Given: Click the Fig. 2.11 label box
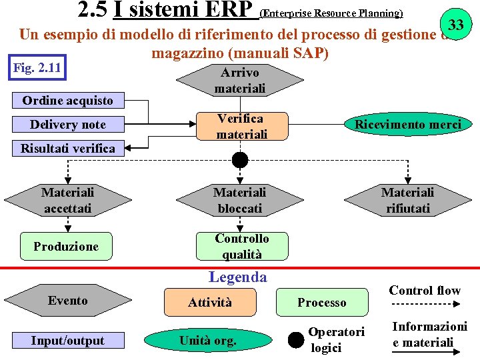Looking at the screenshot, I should [x=39, y=68].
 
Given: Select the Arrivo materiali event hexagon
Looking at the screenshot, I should [x=240, y=80].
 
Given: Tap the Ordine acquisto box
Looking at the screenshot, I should [x=67, y=101].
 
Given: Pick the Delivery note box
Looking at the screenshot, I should [x=67, y=125].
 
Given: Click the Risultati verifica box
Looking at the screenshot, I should [x=67, y=148].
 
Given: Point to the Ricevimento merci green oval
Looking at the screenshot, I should [x=407, y=125].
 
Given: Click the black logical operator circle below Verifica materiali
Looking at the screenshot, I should [x=240, y=160].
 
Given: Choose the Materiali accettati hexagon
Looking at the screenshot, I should [x=67, y=200].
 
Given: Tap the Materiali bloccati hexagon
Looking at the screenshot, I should [x=240, y=200].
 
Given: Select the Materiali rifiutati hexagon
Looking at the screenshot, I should [x=407, y=200].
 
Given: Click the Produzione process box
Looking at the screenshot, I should [x=66, y=246].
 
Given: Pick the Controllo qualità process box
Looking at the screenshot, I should [x=242, y=246].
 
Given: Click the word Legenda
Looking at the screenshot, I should [x=237, y=277].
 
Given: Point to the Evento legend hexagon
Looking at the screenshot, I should [x=67, y=301].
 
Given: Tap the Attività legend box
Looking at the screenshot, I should [x=210, y=303].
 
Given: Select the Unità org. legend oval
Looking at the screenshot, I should [x=207, y=341].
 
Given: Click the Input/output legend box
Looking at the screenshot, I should [x=67, y=341].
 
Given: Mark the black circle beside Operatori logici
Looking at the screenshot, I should [x=296, y=340].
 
